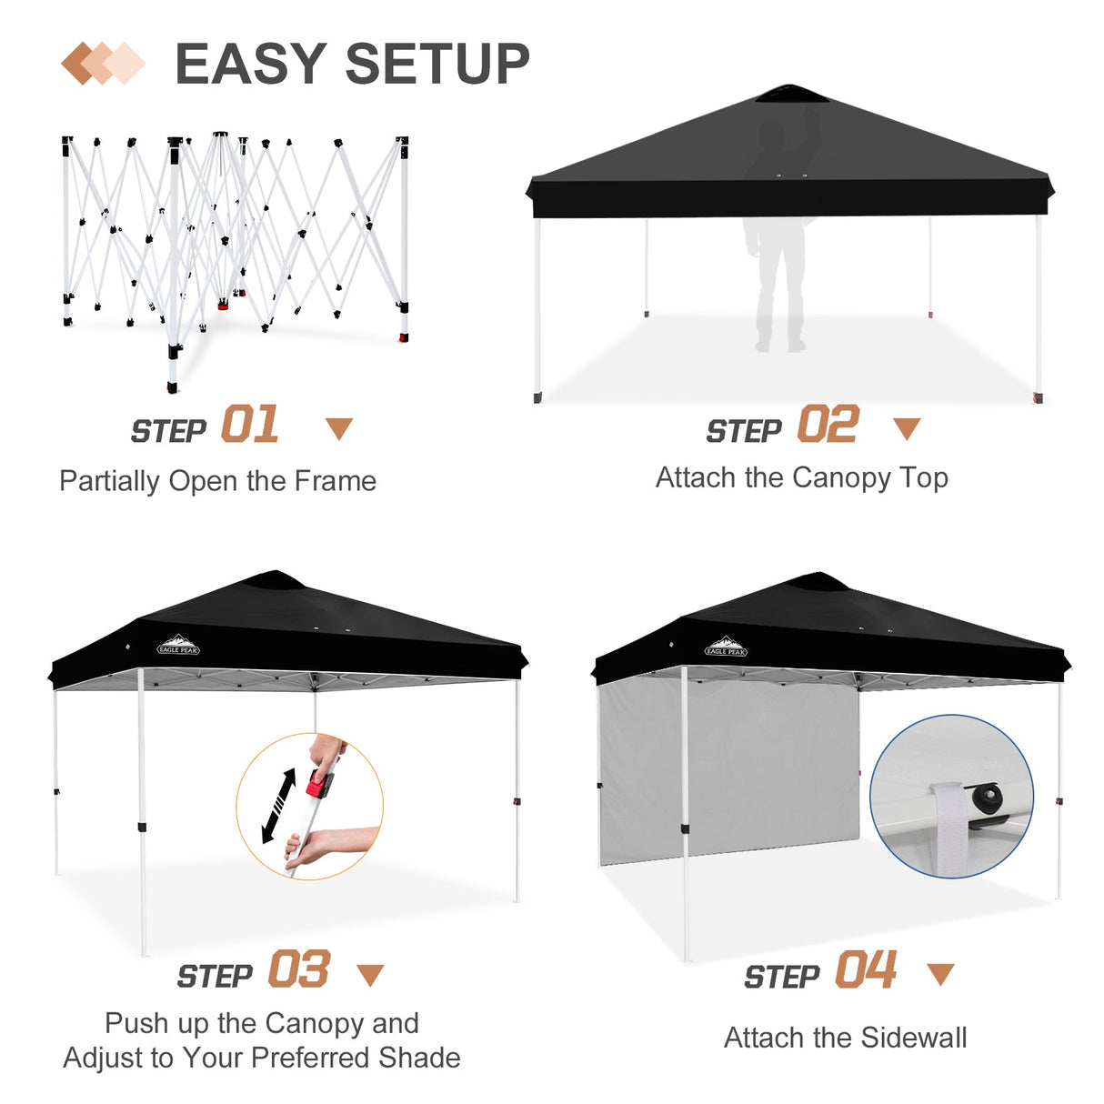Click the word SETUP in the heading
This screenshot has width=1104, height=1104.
click(x=437, y=65)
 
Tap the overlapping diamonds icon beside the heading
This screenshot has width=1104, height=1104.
click(x=103, y=64)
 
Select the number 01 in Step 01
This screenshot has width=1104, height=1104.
click(x=250, y=426)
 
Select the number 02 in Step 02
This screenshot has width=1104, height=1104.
click(x=828, y=426)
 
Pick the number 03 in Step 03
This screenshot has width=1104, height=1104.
click(x=298, y=970)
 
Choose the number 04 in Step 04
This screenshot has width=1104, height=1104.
click(x=866, y=970)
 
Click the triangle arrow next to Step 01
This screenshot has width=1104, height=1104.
click(x=339, y=428)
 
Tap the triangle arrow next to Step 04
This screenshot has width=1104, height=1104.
click(x=939, y=974)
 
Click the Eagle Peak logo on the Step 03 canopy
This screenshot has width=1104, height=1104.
click(x=178, y=646)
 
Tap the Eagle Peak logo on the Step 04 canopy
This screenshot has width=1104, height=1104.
click(x=726, y=647)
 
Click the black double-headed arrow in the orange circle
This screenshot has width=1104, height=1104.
click(x=278, y=806)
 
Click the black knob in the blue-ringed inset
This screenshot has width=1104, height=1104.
click(x=986, y=798)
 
